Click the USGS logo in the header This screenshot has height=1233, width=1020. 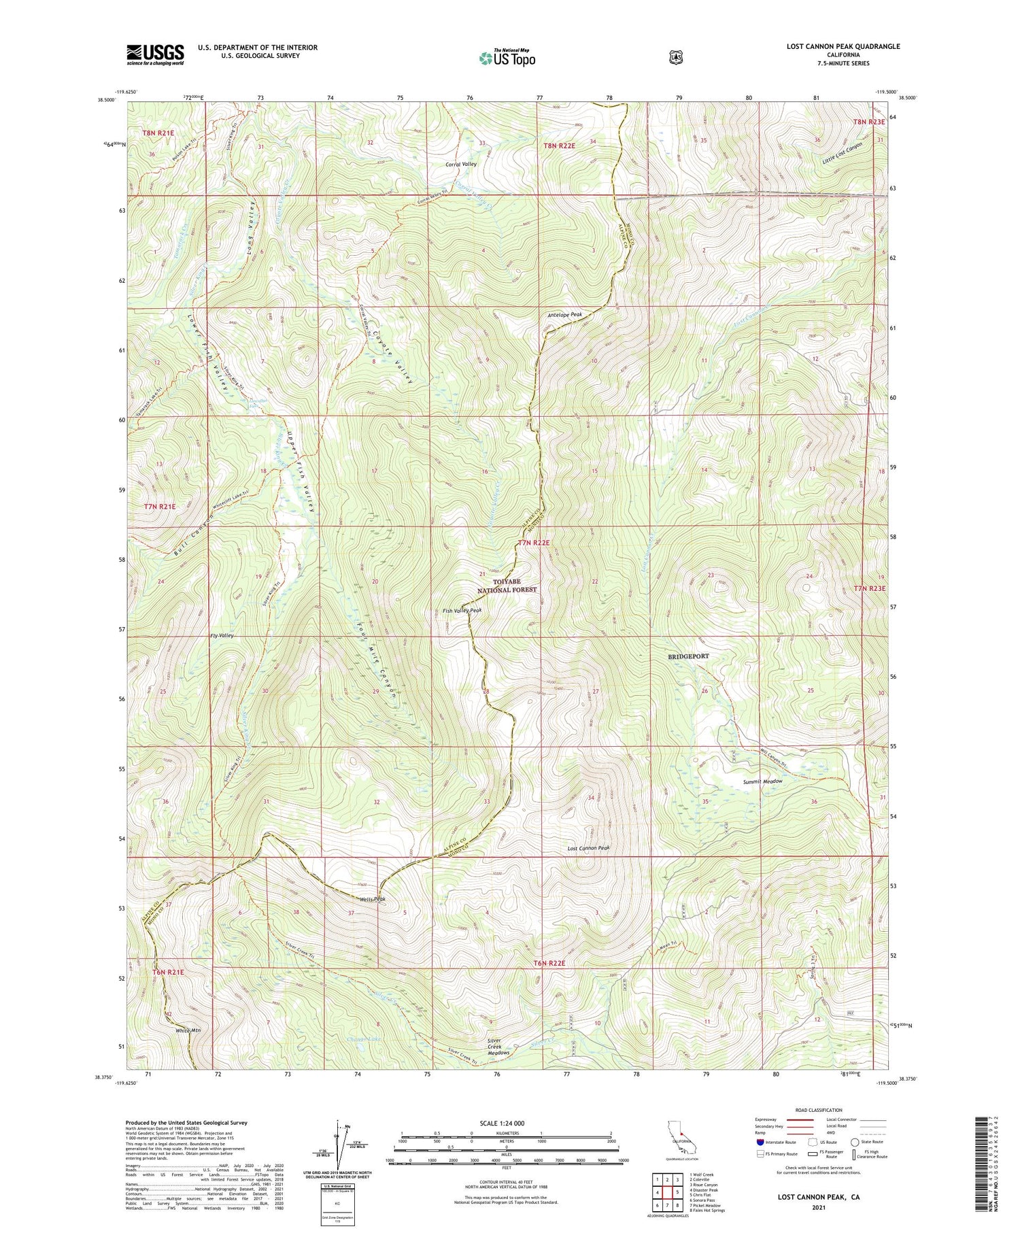tap(155, 54)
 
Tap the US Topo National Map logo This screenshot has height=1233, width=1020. tap(507, 58)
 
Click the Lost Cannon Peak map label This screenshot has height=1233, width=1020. tap(588, 848)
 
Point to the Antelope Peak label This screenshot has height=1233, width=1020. tap(564, 316)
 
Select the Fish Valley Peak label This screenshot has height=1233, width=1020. tap(462, 610)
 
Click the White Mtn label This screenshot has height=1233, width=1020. tap(188, 1031)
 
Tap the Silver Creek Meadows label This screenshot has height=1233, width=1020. tap(498, 1047)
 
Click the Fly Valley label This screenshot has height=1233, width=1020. tap(222, 635)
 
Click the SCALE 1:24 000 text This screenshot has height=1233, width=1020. tap(506, 1123)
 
